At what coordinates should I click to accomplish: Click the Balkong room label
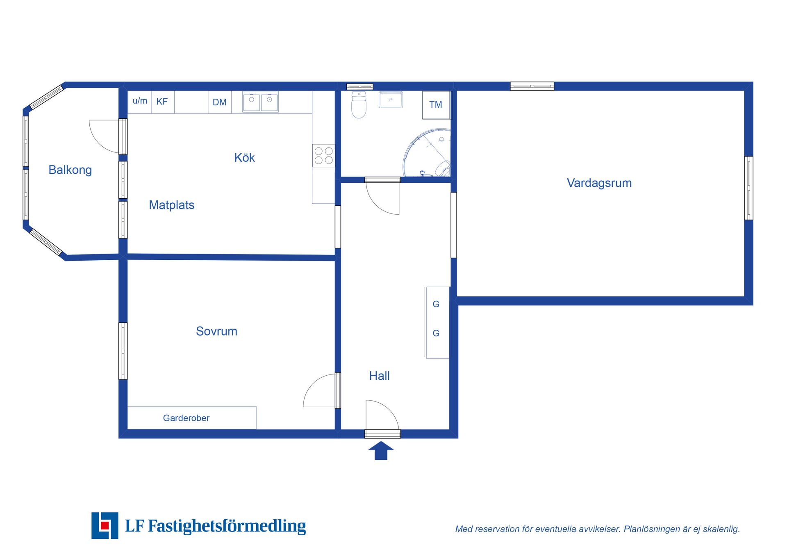click(70, 170)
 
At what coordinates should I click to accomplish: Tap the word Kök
click(244, 158)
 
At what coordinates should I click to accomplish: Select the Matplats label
click(171, 205)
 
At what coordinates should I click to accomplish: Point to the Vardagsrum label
click(599, 183)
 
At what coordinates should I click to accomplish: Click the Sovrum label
click(216, 331)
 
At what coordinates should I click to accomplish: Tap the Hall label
click(379, 376)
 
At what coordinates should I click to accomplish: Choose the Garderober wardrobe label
click(186, 418)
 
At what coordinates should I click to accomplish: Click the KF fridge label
click(162, 102)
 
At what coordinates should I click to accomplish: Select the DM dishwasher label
click(219, 102)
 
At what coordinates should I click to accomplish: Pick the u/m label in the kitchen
click(140, 101)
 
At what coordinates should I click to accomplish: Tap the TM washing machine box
click(436, 105)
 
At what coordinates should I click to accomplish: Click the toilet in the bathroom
click(359, 105)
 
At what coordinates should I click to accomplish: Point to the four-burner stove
click(323, 156)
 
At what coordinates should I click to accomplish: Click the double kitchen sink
click(260, 102)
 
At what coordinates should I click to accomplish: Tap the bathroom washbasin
click(391, 100)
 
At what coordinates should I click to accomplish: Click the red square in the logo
click(105, 526)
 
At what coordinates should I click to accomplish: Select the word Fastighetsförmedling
click(227, 526)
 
